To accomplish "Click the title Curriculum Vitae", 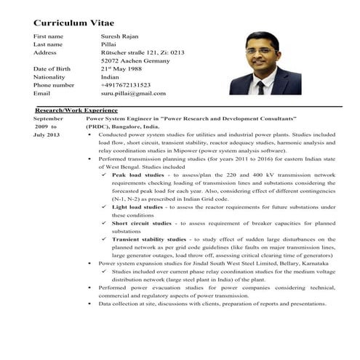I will pyautogui.click(x=74, y=23).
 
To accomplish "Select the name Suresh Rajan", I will pyautogui.click(x=121, y=36).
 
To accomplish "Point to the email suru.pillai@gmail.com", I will pyautogui.click(x=134, y=94).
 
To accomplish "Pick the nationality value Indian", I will pyautogui.click(x=110, y=77).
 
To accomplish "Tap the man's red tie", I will pyautogui.click(x=260, y=85).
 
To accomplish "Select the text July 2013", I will pyautogui.click(x=46, y=135).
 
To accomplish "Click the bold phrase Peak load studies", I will pyautogui.click(x=137, y=175).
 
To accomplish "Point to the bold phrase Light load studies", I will pyautogui.click(x=137, y=207).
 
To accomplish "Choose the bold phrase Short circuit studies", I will pyautogui.click(x=141, y=223).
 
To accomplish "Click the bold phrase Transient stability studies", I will pyautogui.click(x=149, y=239).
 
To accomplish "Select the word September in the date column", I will pyautogui.click(x=49, y=118).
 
